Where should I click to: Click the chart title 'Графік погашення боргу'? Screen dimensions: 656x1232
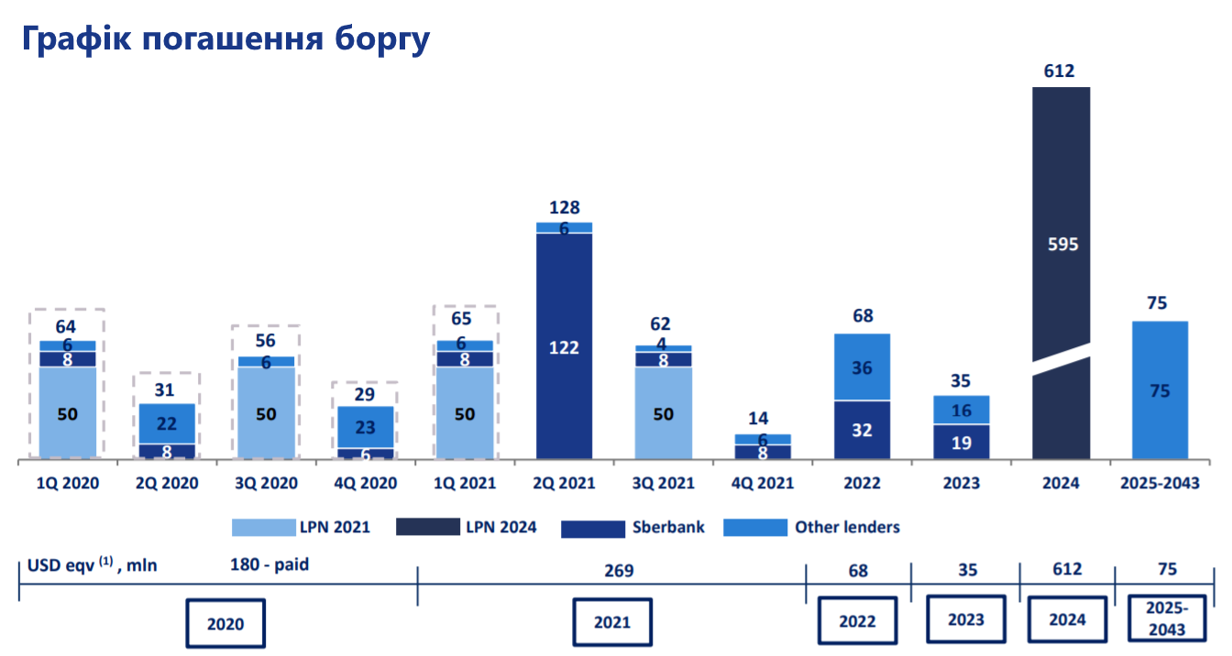click(225, 38)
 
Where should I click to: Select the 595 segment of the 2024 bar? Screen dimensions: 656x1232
click(1061, 245)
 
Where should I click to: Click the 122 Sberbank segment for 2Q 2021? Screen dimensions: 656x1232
click(564, 346)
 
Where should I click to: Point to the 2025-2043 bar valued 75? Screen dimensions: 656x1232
click(1160, 390)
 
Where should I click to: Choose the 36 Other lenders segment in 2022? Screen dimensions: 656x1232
click(862, 368)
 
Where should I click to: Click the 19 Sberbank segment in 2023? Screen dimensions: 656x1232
click(962, 443)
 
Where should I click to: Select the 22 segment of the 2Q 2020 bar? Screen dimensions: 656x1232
click(167, 423)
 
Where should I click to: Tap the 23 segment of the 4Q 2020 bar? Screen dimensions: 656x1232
click(366, 427)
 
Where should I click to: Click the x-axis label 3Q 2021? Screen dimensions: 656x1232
click(663, 483)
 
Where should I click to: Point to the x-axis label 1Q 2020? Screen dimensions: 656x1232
click(68, 483)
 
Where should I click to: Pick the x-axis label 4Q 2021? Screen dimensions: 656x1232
click(762, 483)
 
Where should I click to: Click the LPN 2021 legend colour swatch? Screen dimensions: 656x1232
click(262, 527)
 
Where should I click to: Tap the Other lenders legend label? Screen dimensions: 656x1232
click(847, 527)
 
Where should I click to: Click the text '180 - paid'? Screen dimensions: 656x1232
click(269, 564)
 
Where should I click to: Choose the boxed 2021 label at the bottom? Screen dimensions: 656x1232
click(612, 622)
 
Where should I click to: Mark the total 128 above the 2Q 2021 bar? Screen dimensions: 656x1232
click(564, 208)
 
